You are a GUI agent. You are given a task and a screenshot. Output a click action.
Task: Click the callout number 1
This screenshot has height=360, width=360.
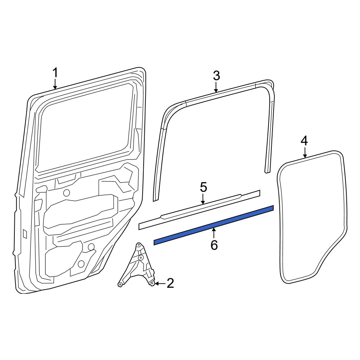point(55,73)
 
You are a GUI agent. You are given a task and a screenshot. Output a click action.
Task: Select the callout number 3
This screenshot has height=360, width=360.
point(216,76)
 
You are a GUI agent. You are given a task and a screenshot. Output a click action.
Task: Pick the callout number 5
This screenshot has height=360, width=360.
point(203,187)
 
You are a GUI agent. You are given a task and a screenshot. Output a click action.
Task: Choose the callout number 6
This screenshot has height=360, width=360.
point(214,245)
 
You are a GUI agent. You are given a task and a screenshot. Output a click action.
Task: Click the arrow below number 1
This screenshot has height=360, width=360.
point(55,84)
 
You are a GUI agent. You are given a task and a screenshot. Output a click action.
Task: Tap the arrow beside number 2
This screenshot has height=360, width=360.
point(160,284)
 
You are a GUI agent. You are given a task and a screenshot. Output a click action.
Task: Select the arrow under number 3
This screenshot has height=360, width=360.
point(216,87)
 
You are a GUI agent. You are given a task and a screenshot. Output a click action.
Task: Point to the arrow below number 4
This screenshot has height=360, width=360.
point(305,153)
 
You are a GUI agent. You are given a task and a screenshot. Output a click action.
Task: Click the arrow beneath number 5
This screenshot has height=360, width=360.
point(203,199)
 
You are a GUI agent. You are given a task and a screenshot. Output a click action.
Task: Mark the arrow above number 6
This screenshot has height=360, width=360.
point(214,233)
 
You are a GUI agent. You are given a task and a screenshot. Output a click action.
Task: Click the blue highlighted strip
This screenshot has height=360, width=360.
point(213,225)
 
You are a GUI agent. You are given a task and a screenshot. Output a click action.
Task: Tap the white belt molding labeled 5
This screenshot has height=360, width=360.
point(199,210)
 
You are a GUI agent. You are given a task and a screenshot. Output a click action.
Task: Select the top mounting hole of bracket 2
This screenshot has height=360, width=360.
point(138,245)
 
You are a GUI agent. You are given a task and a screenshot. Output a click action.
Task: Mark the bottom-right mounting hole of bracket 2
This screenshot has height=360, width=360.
point(152,284)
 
